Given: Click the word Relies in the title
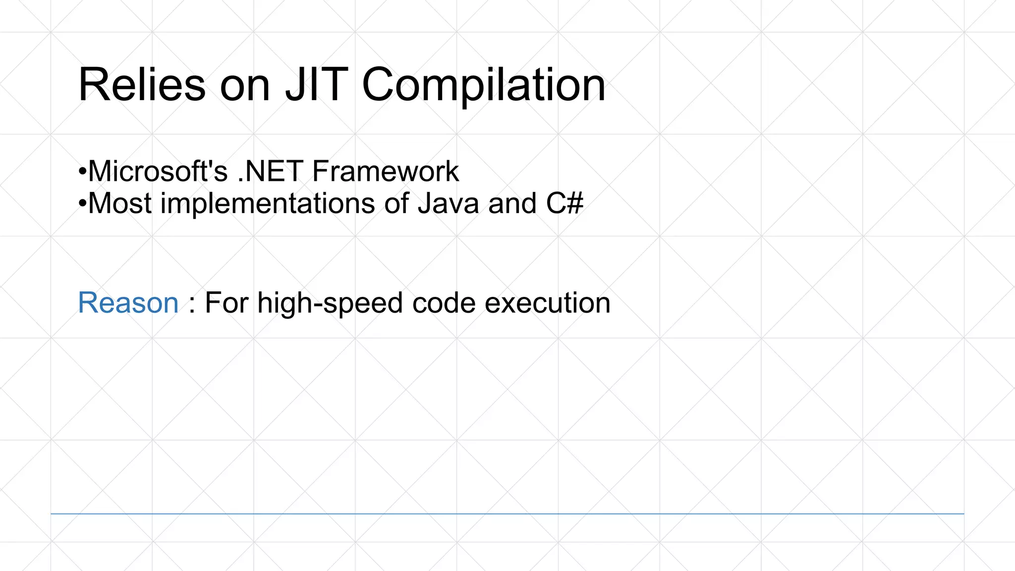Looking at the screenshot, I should [142, 85].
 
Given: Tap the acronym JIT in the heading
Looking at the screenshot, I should [316, 85].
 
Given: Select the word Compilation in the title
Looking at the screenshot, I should [483, 85].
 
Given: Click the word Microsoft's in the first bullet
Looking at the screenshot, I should [158, 171].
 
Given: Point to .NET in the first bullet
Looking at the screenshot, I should [270, 171].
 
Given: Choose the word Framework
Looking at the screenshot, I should [386, 171].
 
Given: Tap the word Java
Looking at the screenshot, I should [448, 204].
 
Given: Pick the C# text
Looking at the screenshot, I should [564, 204].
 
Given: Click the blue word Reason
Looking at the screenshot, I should [128, 303].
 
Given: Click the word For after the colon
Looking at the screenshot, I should [226, 303].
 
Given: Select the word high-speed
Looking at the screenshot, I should [330, 303].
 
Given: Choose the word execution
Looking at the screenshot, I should [547, 303].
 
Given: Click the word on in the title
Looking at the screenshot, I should [245, 85].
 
